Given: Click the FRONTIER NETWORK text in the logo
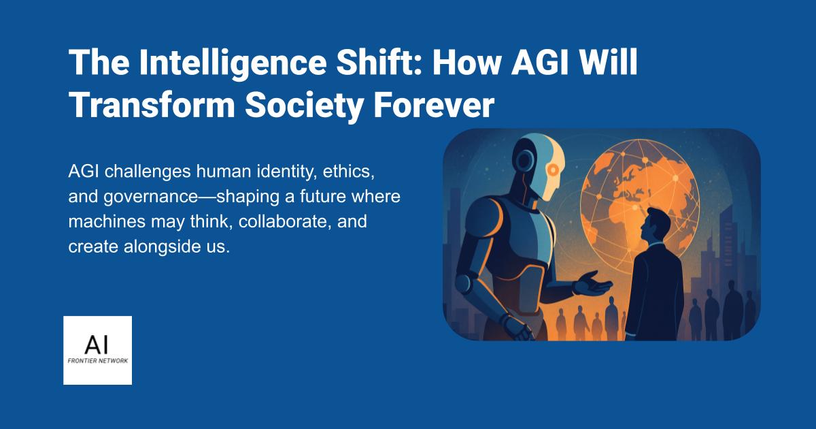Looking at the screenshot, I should click(x=97, y=360).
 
